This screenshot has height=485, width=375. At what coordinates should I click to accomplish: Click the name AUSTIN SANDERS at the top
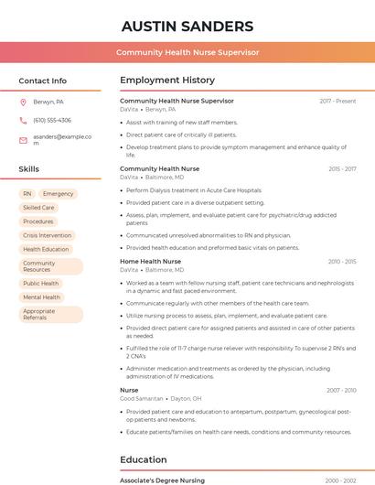click(x=187, y=26)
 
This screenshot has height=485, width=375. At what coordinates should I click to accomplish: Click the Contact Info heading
click(x=42, y=81)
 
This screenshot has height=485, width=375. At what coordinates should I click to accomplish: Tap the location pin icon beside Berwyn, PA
click(x=24, y=102)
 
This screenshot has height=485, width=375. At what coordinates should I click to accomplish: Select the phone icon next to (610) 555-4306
click(x=24, y=121)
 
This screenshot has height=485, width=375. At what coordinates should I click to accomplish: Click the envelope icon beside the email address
click(x=24, y=140)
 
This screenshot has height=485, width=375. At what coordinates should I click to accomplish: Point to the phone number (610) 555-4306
click(x=52, y=121)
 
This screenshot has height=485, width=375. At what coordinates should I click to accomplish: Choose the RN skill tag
click(x=27, y=194)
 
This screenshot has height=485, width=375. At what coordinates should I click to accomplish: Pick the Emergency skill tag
click(x=58, y=194)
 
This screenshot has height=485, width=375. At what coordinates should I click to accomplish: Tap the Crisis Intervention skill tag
click(x=47, y=235)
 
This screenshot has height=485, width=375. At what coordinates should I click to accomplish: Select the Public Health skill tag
click(x=41, y=284)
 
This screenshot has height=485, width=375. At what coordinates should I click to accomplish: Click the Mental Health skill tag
click(x=41, y=297)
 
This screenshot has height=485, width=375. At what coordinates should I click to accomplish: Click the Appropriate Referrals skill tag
click(x=50, y=315)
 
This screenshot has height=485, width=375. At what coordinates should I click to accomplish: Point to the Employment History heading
click(x=167, y=81)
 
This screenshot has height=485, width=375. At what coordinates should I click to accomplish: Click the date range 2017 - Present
click(x=337, y=102)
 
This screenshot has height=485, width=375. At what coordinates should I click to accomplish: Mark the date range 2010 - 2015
click(x=342, y=262)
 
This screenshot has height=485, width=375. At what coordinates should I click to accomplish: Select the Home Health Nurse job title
click(x=150, y=262)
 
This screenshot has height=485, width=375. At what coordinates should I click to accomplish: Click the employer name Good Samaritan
click(x=141, y=399)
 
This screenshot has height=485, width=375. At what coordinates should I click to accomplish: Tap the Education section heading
click(x=144, y=459)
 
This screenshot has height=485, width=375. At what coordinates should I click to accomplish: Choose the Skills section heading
click(x=29, y=169)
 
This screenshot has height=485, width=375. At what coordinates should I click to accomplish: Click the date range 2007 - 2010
click(x=341, y=391)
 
